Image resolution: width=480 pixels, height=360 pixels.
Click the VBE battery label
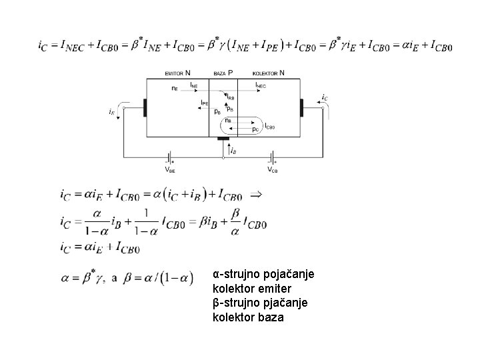click(x=171, y=170)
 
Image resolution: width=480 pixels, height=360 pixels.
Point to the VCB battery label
click(x=273, y=170)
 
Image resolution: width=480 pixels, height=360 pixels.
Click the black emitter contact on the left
click(x=145, y=107)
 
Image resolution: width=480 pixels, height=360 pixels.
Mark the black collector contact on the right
click(x=301, y=107)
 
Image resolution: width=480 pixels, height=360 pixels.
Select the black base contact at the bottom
click(x=223, y=139)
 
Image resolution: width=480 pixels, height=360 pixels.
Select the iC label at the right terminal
click(x=325, y=97)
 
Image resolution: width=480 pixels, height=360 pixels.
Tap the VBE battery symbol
click(x=171, y=158)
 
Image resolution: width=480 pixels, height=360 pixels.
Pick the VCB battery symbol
click(x=273, y=158)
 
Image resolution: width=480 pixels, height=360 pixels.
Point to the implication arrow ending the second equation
click(x=255, y=195)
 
